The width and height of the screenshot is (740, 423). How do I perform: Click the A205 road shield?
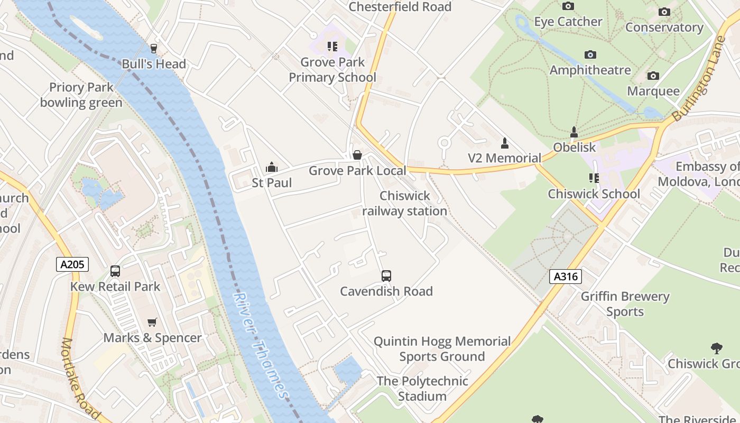72,264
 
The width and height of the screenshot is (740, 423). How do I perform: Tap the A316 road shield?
565,276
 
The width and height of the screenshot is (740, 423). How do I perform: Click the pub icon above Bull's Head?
154,49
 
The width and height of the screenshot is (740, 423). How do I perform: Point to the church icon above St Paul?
272,168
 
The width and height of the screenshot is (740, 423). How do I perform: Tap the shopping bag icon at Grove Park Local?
357,155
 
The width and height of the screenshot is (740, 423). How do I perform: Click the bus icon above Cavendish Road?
386,276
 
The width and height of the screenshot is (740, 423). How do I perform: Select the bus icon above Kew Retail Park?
115,271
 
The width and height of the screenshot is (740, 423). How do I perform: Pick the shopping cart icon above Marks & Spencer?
152,322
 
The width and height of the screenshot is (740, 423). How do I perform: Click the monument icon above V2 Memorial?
504,143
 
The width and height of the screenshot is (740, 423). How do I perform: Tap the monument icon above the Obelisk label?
574,132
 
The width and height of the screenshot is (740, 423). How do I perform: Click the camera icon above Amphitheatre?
590,54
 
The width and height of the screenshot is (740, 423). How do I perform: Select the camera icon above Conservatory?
664,12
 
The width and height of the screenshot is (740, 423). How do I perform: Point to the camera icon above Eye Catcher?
568,6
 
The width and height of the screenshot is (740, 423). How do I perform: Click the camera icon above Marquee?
653,76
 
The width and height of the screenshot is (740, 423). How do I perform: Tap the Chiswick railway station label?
405,204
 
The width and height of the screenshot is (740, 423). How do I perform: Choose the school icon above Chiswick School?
594,178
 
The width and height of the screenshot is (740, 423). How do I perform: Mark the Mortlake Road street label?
80,378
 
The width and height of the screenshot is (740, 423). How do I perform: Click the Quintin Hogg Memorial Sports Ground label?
442,349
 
